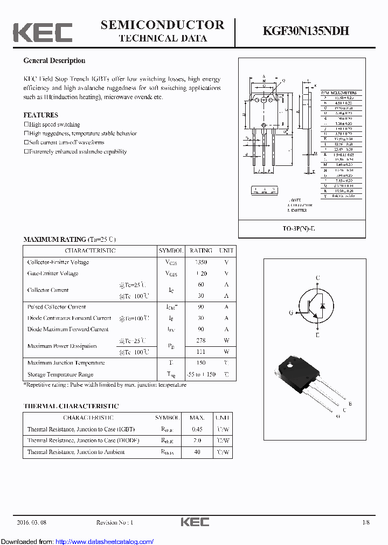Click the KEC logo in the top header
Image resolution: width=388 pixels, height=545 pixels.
pos(43,32)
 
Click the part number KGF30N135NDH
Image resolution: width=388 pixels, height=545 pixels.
pos(306,31)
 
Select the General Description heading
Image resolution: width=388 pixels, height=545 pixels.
pos(54,61)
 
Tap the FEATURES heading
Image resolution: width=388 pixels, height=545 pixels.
pos(40,115)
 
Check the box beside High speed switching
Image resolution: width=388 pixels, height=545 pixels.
pos(26,124)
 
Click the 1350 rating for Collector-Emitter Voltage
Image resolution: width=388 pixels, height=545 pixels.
pos(200,262)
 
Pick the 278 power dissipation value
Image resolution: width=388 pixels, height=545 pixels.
pos(200,340)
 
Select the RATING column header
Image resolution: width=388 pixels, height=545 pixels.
pos(200,250)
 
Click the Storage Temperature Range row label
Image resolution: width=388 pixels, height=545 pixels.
pos(60,374)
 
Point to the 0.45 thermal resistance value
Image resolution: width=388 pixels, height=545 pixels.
pos(197,429)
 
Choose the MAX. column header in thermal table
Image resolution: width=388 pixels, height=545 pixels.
pos(197,417)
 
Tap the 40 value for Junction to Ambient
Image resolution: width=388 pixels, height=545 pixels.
pos(197,452)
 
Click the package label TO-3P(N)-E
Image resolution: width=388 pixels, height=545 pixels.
pos(302,229)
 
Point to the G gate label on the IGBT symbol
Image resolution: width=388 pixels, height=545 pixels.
pos(291,313)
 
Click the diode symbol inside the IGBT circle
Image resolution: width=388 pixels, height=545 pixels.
pos(322,305)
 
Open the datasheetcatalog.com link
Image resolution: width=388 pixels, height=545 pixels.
pos(105,542)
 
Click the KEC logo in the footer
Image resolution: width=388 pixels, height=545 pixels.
pos(195,522)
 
